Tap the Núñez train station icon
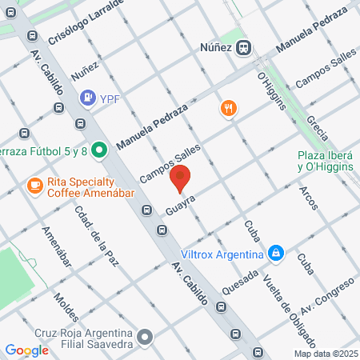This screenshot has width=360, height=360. coord(246,47)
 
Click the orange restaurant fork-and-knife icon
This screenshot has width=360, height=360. coord(229,109)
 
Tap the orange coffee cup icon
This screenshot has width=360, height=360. coord(34,186)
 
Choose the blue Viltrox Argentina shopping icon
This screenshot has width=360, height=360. coord(276,254)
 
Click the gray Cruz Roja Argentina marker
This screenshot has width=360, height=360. coord(145,337)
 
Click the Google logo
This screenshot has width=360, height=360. coord(26,350)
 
